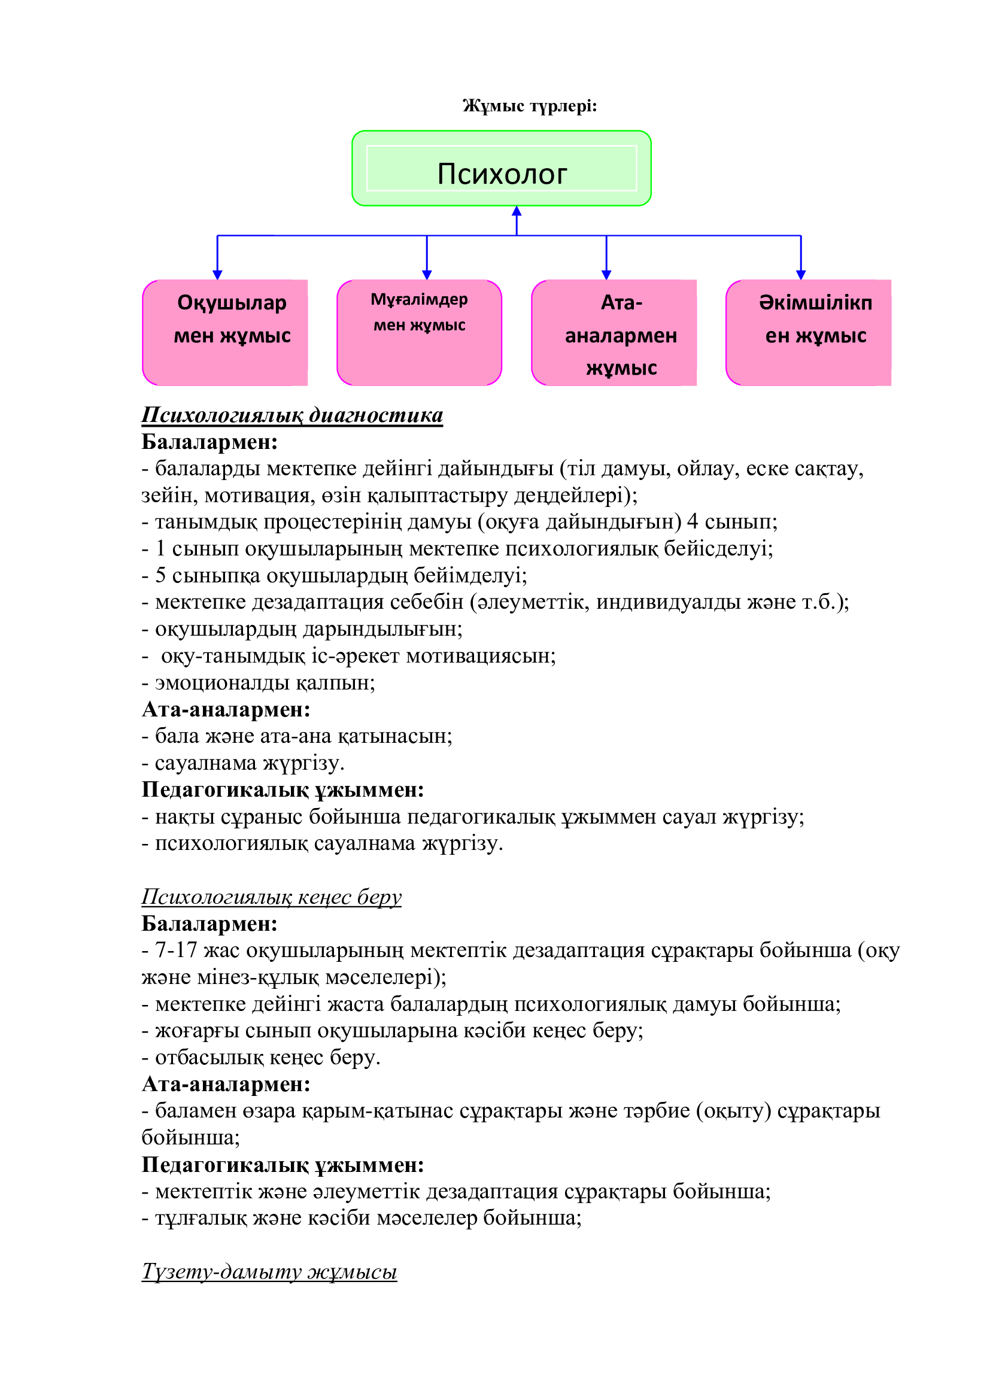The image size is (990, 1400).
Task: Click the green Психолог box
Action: [x=501, y=168]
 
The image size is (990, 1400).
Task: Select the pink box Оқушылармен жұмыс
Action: [x=226, y=332]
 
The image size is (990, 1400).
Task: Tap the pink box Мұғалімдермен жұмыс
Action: [x=420, y=332]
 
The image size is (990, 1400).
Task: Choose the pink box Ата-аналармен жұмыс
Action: [x=614, y=332]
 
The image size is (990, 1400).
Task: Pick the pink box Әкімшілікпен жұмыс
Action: [x=808, y=332]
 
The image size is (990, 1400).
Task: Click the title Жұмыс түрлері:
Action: [x=529, y=106]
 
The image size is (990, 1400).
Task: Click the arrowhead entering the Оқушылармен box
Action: [x=218, y=274]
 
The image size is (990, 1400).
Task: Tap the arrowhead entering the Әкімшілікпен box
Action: [x=800, y=274]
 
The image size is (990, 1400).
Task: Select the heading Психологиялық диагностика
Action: [x=292, y=415]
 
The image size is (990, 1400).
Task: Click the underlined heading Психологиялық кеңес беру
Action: [x=271, y=897]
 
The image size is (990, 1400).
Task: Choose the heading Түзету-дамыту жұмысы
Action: [x=269, y=1272]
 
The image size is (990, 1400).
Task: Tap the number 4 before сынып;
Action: [x=693, y=522]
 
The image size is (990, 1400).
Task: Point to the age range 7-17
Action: [x=175, y=950]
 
